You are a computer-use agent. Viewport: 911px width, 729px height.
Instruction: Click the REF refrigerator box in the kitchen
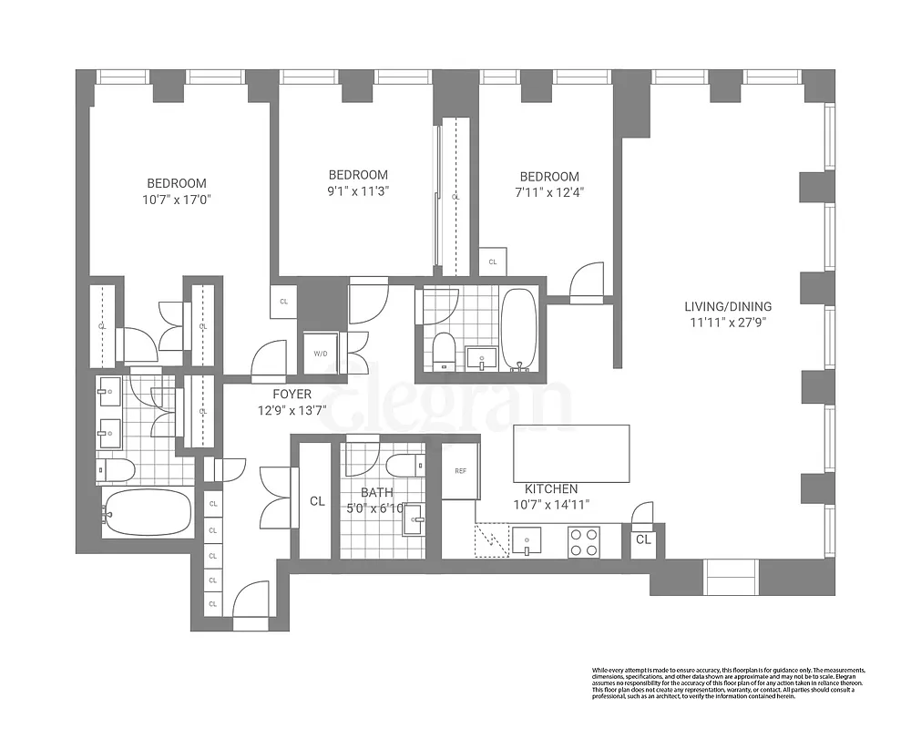[x=460, y=471]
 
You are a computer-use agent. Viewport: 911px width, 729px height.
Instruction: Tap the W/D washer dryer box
[x=321, y=353]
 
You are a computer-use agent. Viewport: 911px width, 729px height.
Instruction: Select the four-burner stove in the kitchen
[x=583, y=542]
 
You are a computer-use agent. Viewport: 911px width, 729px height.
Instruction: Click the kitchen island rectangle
[x=571, y=453]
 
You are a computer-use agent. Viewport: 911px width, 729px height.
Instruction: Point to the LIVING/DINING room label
[x=730, y=306]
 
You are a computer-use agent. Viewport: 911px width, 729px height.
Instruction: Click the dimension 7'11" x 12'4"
[x=549, y=192]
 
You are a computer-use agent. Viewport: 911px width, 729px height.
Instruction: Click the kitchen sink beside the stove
[x=527, y=542]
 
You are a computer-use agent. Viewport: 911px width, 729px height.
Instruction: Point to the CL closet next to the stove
[x=643, y=539]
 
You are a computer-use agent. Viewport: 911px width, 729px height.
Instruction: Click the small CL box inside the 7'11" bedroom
[x=493, y=262]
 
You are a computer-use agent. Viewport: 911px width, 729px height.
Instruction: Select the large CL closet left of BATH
[x=316, y=500]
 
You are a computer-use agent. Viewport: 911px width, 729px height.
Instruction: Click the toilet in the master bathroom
[x=116, y=469]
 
